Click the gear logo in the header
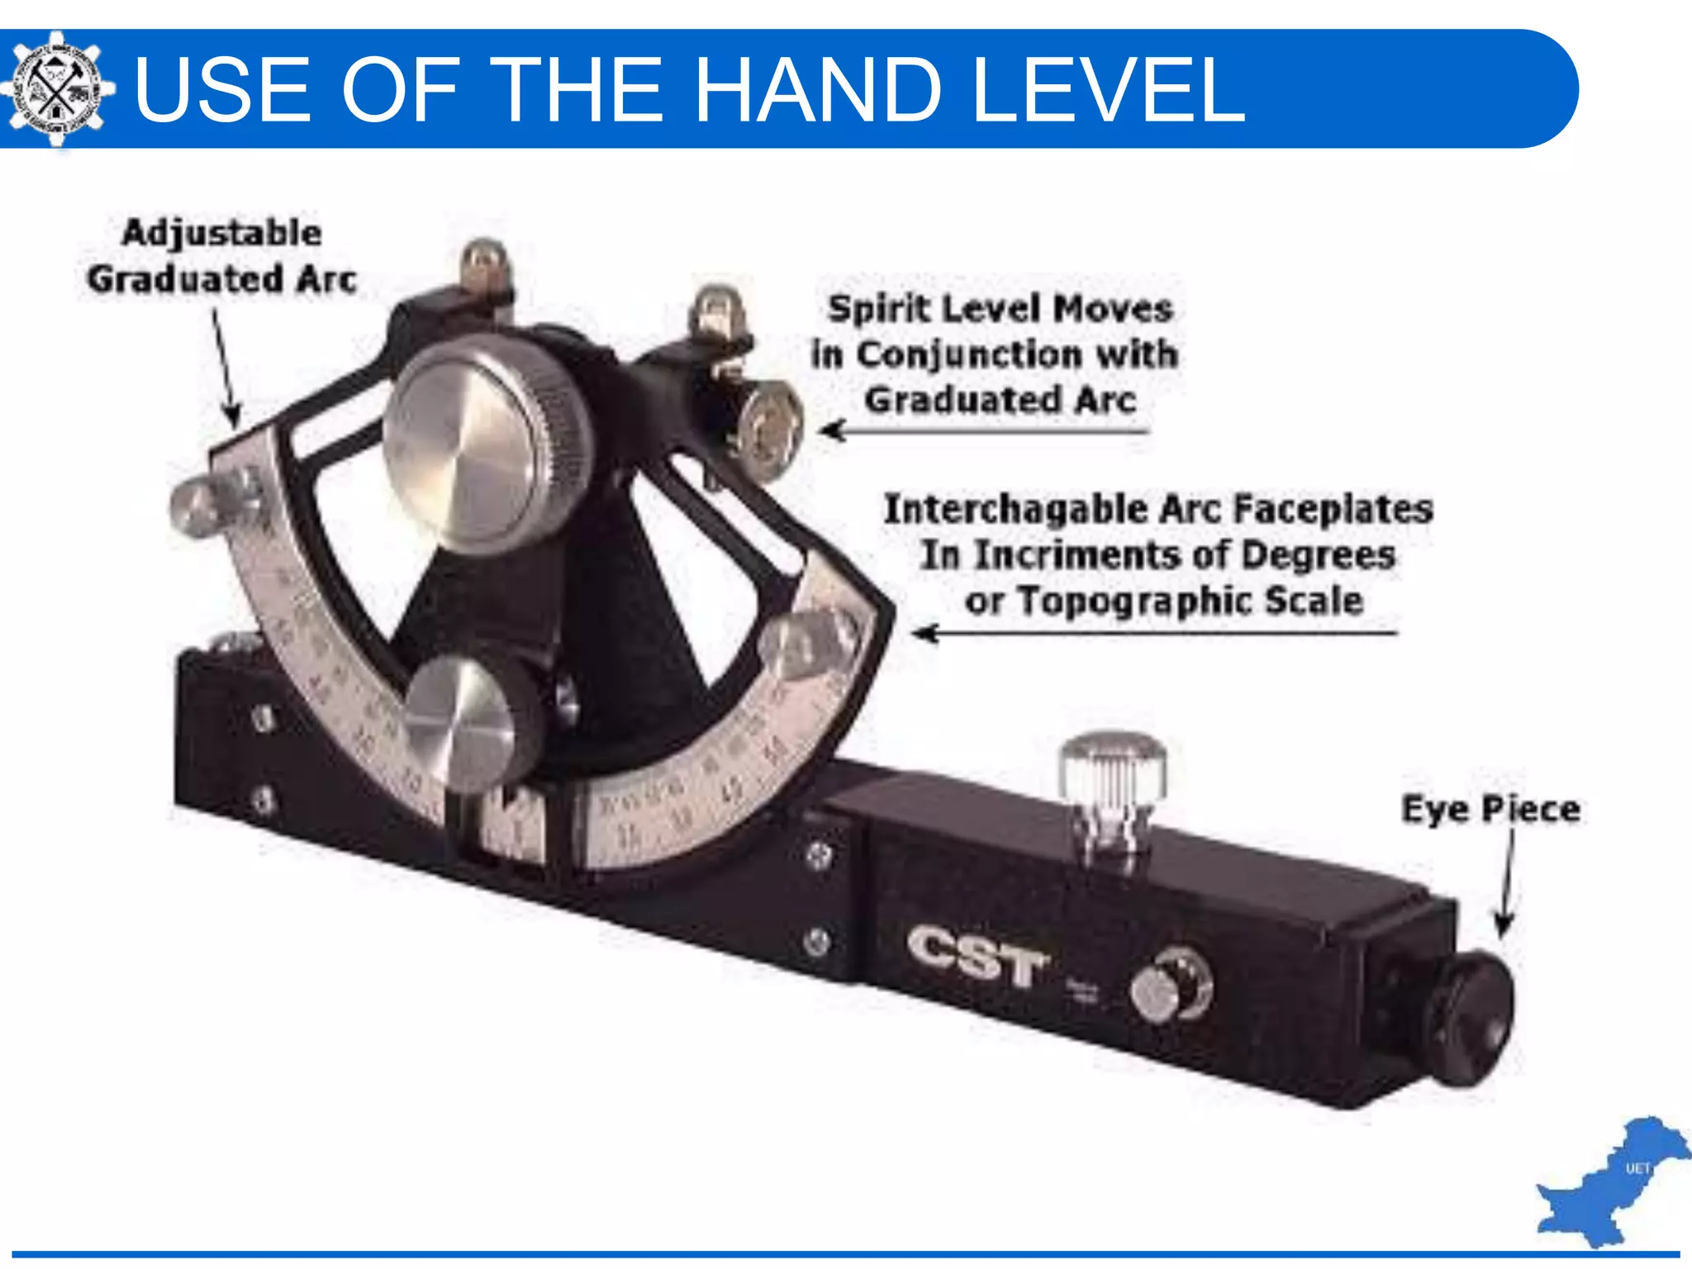(x=56, y=88)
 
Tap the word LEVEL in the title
(x=1108, y=90)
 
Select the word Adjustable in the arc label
(x=221, y=233)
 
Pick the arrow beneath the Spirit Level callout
(x=983, y=430)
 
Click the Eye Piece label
(x=1490, y=809)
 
